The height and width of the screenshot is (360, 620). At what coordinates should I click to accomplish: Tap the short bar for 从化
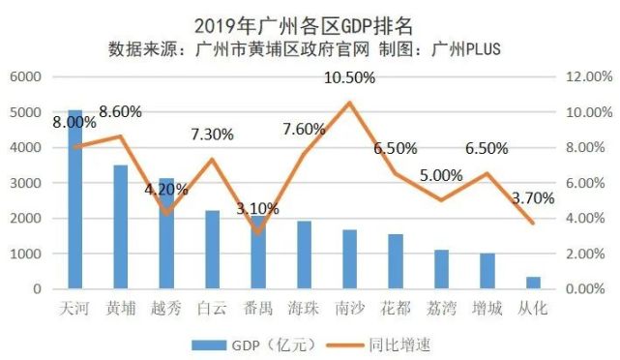point(534,283)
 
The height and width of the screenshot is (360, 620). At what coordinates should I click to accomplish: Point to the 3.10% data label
point(257,208)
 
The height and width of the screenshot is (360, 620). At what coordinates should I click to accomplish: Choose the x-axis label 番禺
point(258,309)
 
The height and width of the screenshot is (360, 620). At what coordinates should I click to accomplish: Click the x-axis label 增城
point(488,309)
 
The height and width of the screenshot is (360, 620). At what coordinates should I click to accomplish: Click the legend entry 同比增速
point(391,344)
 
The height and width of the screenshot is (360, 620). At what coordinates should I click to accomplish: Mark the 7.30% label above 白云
point(212,135)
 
